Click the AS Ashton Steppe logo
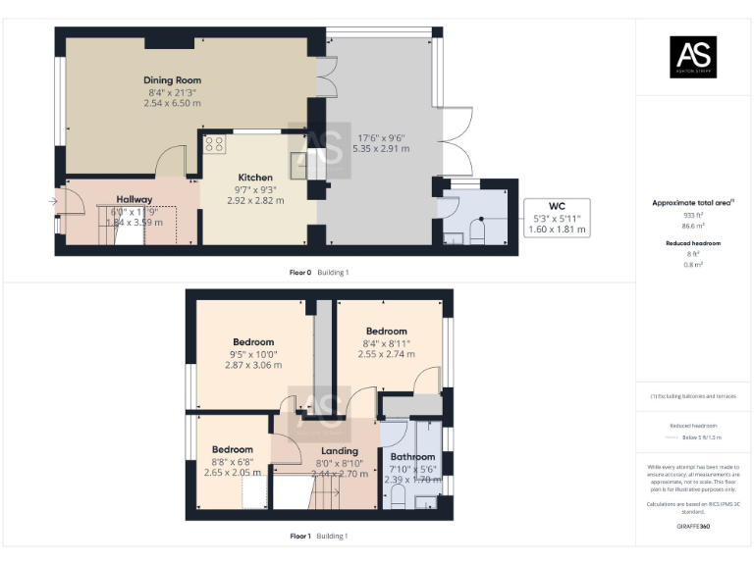(x=693, y=57)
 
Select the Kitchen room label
(x=255, y=178)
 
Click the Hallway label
(x=135, y=199)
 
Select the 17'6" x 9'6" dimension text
(x=381, y=137)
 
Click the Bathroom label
(x=412, y=457)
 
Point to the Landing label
(x=340, y=451)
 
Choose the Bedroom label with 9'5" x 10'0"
(x=253, y=342)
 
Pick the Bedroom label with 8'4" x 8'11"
(x=386, y=332)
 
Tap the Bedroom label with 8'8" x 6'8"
(x=233, y=449)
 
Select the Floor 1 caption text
(x=299, y=537)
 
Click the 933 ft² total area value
(x=693, y=214)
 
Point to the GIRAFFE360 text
(x=693, y=527)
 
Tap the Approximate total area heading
(x=692, y=203)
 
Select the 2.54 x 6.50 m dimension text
(x=172, y=102)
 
